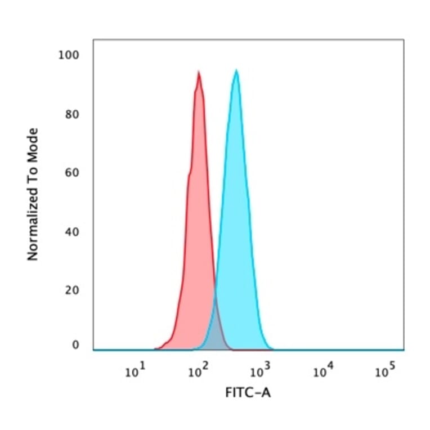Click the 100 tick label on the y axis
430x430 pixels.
click(x=70, y=55)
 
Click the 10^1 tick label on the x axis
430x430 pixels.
click(x=135, y=372)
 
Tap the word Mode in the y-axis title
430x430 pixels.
click(x=33, y=142)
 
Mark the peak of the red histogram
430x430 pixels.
click(x=199, y=73)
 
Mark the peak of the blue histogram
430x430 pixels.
click(x=236, y=70)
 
